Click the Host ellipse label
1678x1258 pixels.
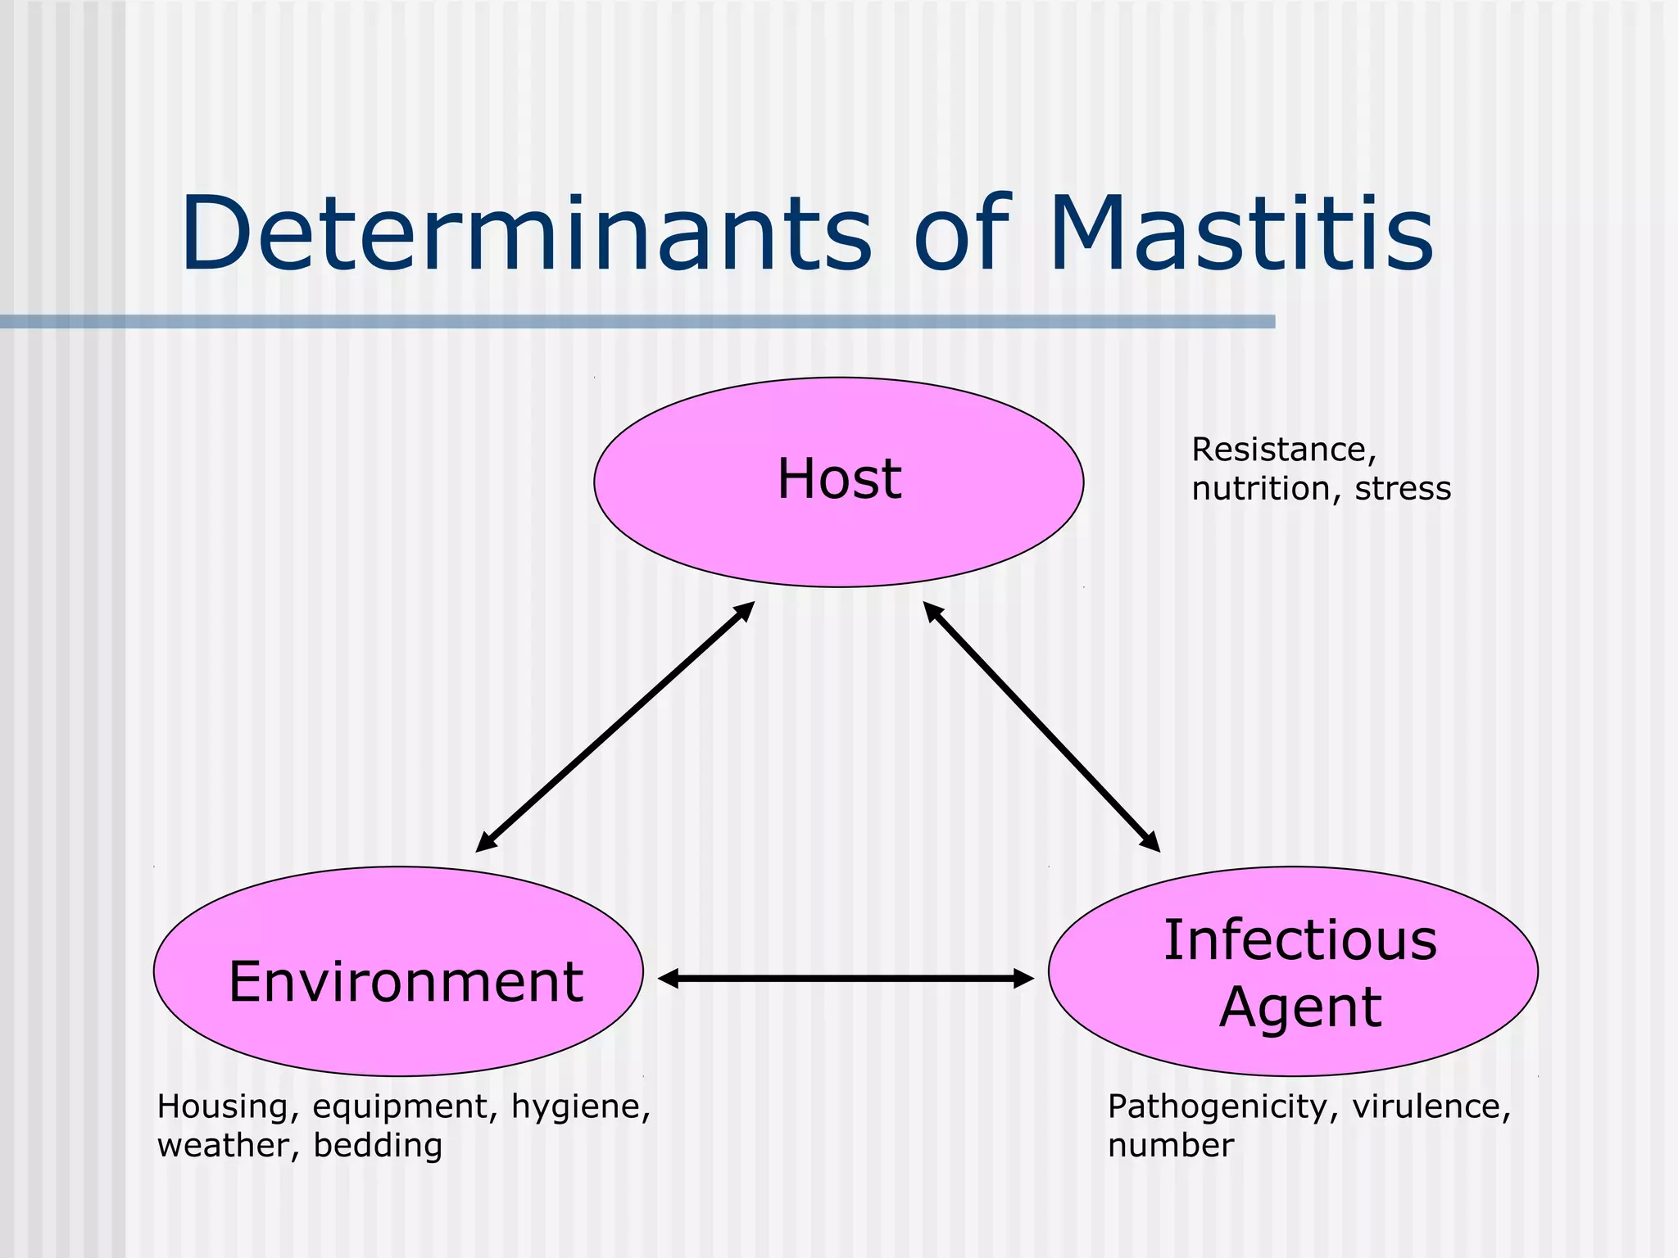[839, 479]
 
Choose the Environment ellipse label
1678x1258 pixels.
[406, 981]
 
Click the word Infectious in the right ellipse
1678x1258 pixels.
[1300, 940]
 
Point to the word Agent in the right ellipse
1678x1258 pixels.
[1300, 1007]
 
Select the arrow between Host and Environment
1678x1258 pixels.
[615, 727]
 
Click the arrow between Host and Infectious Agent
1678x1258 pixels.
[1041, 727]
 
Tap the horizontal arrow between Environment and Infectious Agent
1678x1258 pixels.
[846, 978]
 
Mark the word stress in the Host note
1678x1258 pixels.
[1402, 489]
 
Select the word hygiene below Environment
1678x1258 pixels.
[579, 1108]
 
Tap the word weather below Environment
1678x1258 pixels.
[227, 1146]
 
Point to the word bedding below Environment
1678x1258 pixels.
[378, 1146]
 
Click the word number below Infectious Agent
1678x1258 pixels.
[1170, 1146]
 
